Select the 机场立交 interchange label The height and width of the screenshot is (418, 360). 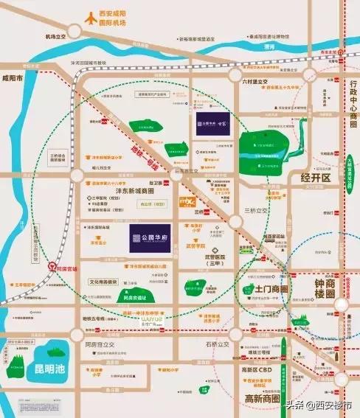(x=55, y=36)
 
